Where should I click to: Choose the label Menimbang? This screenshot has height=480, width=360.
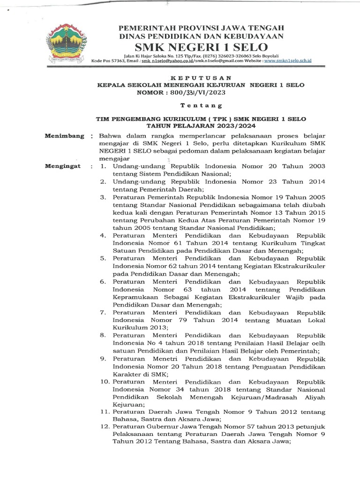tap(64, 136)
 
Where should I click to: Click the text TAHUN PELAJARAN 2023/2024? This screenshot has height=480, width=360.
tap(200, 126)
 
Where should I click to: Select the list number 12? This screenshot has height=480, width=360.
tap(105, 427)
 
